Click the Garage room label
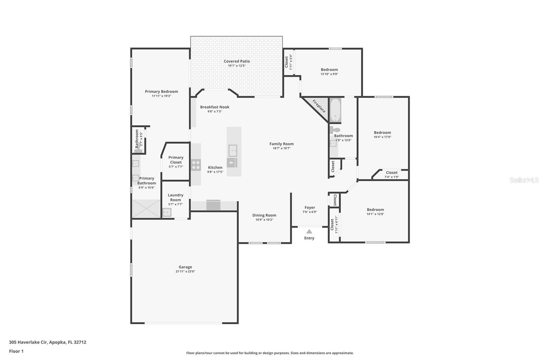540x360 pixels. (x=185, y=267)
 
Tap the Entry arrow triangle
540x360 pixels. (x=309, y=232)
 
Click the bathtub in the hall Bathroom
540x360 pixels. (x=335, y=110)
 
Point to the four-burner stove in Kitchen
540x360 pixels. (x=196, y=165)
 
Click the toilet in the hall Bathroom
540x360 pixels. (x=334, y=130)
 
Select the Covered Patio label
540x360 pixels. (x=237, y=61)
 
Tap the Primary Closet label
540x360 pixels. (x=176, y=160)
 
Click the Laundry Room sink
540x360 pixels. (x=167, y=212)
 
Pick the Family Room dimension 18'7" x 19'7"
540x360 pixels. (x=281, y=148)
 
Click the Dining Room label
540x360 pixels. (x=264, y=215)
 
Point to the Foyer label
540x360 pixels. (x=309, y=208)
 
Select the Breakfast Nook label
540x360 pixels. (x=215, y=107)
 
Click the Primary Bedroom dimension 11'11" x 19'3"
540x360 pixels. (x=161, y=96)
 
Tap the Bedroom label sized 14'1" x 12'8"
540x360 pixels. (x=375, y=209)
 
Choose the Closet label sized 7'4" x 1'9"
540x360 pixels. (x=391, y=173)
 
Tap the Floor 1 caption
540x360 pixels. (x=16, y=351)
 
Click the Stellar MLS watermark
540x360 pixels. (x=524, y=180)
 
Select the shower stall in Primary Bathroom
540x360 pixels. (x=146, y=208)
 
